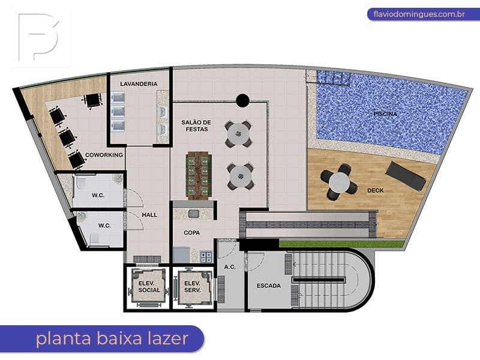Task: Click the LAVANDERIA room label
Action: click(x=139, y=84)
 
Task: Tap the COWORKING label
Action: click(x=104, y=155)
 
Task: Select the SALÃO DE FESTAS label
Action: click(x=196, y=126)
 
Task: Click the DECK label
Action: click(x=376, y=190)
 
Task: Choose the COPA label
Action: click(x=191, y=233)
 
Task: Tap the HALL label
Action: click(x=149, y=215)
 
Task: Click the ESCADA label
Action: click(x=268, y=286)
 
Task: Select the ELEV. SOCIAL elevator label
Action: click(x=149, y=287)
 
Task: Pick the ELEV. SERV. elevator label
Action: click(x=193, y=287)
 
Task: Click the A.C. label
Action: click(x=230, y=267)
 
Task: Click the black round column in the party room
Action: click(x=242, y=100)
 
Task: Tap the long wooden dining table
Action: click(x=199, y=176)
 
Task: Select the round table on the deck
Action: click(x=339, y=182)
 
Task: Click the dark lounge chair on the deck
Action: click(x=406, y=176)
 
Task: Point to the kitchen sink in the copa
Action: click(x=193, y=214)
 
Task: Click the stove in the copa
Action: click(x=206, y=257)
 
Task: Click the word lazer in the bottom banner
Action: click(x=168, y=338)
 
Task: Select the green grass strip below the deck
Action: click(x=341, y=244)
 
